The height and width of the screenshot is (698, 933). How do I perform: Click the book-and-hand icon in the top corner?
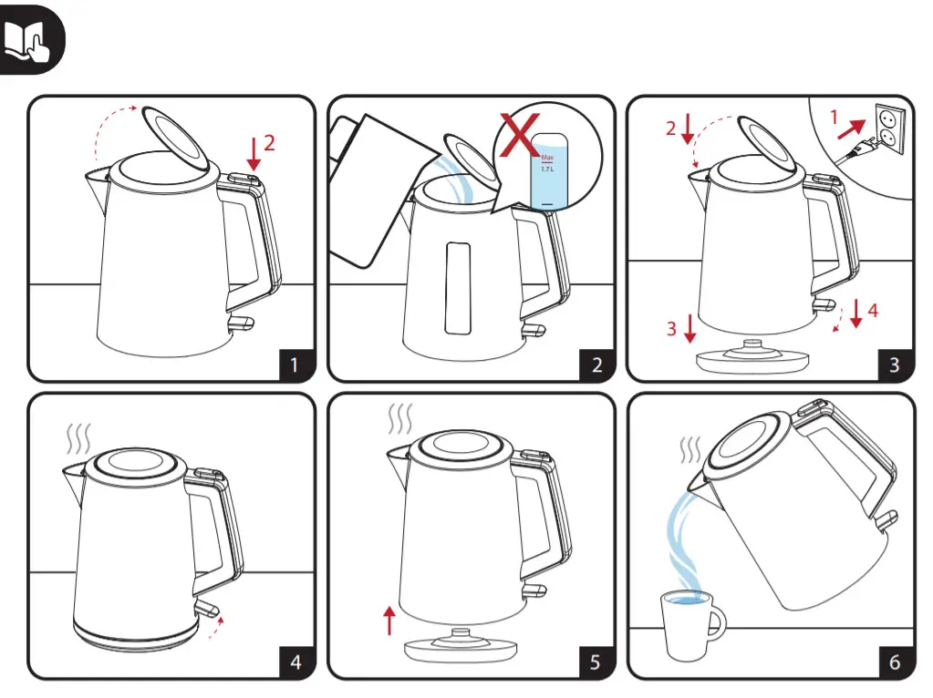tap(32, 38)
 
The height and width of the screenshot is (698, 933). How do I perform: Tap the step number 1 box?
tap(295, 364)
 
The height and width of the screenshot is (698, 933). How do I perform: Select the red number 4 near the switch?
tap(873, 310)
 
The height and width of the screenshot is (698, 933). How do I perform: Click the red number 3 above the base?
tap(671, 328)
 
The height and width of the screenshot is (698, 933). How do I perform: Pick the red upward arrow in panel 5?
tap(390, 622)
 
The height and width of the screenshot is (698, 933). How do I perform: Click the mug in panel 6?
tap(689, 624)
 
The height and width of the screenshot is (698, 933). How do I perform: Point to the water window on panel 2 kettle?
tap(457, 287)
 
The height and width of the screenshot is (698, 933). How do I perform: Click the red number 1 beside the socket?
tap(833, 117)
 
